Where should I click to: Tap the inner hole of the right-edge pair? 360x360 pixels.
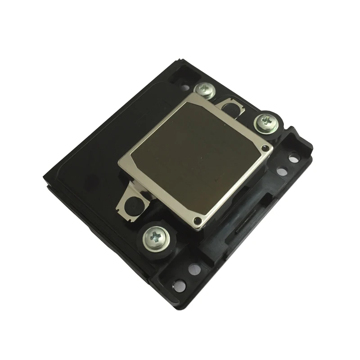pos(282,171)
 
